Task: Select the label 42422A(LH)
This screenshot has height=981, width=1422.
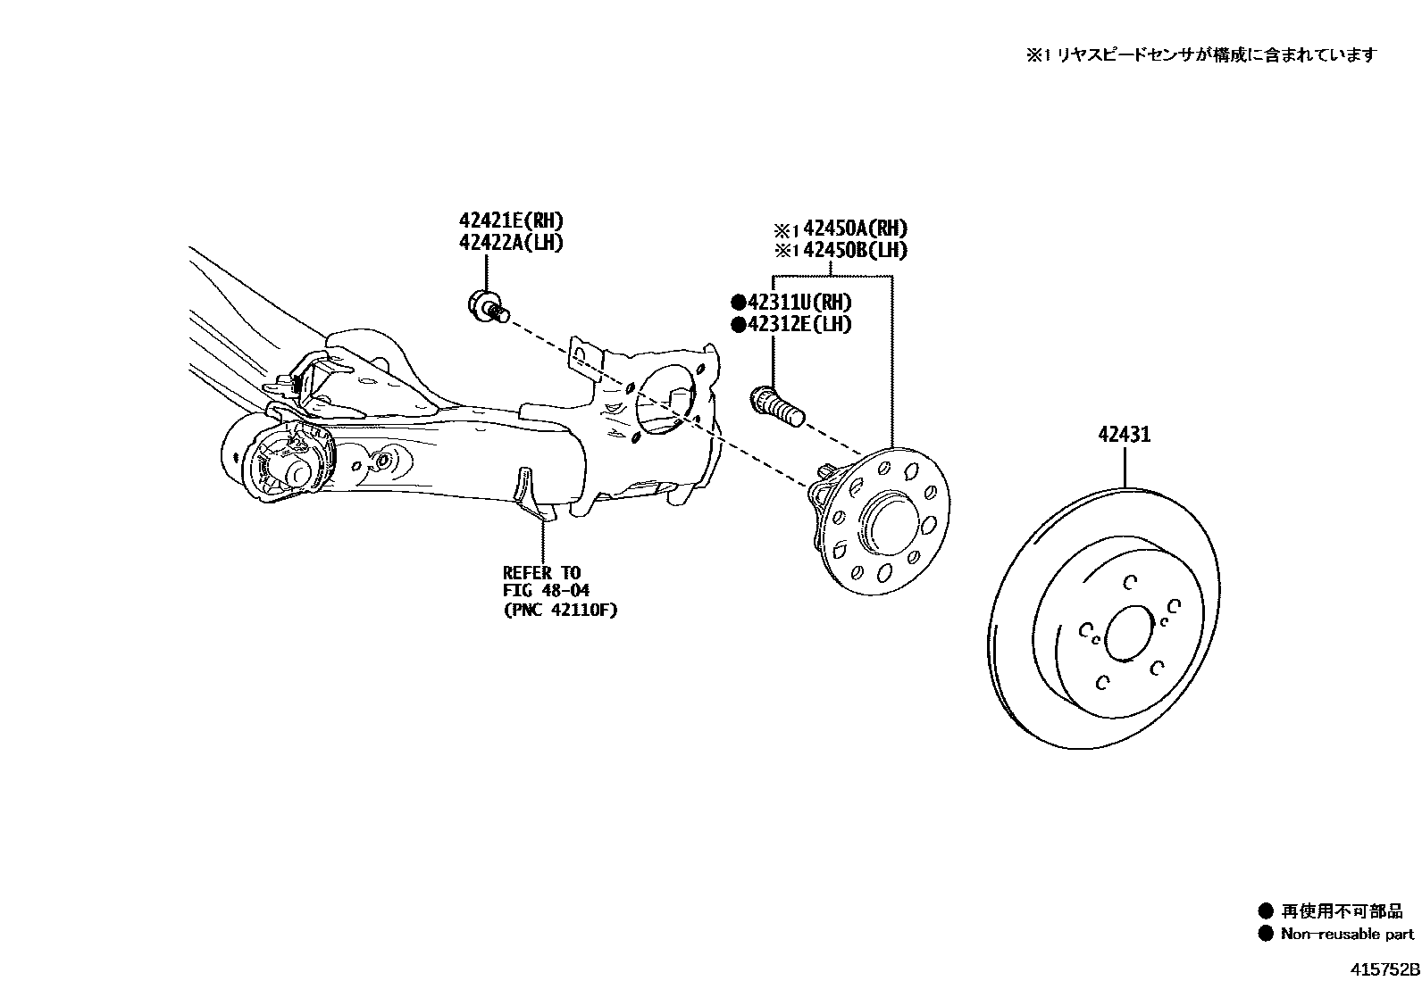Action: point(512,243)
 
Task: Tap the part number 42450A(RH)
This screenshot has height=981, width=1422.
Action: point(855,229)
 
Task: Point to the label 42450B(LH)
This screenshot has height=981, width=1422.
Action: point(855,251)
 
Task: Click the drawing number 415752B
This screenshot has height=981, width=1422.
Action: point(1383,969)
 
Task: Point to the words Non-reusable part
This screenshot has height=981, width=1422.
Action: point(1347,935)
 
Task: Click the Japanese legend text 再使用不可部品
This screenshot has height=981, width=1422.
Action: point(1342,911)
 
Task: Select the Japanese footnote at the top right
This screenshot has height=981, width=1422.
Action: point(1200,55)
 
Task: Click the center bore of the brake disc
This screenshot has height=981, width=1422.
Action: point(1130,636)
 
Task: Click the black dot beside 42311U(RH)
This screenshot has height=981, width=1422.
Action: point(738,303)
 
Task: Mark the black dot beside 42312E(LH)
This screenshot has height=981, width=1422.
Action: point(738,325)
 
